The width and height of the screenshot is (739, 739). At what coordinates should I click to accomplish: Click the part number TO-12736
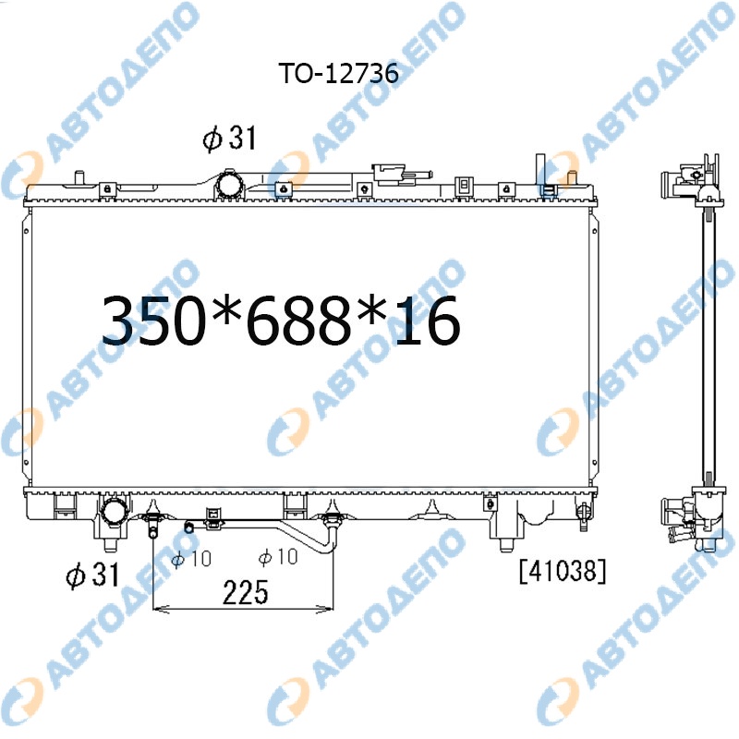(339, 73)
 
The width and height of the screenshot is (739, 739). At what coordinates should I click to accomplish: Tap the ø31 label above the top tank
(229, 138)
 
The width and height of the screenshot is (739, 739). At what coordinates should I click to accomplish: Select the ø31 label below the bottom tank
(93, 575)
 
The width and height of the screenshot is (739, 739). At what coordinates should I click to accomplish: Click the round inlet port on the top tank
(230, 185)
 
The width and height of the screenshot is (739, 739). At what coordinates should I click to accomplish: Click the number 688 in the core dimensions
(300, 321)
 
